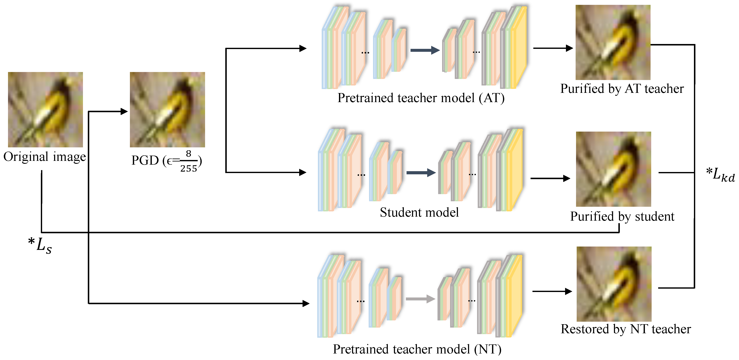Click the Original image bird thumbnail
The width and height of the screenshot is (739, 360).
point(45,109)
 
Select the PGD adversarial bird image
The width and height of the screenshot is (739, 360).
point(167,109)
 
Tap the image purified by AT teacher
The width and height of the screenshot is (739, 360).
point(613,43)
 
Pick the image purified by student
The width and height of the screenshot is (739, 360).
point(613,169)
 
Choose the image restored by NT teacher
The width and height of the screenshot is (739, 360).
point(614,284)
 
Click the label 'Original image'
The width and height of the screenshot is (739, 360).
point(44,157)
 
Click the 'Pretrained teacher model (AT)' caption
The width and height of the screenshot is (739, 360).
point(421,98)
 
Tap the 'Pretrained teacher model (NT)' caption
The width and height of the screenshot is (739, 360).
point(417,349)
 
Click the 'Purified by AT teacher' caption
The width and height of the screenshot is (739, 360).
point(622,89)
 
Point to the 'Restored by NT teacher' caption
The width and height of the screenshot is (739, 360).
point(626,329)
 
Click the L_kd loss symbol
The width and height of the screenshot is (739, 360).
point(721,174)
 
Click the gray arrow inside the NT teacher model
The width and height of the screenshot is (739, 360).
point(420,299)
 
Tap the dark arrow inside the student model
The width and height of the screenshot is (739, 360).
point(421,173)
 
